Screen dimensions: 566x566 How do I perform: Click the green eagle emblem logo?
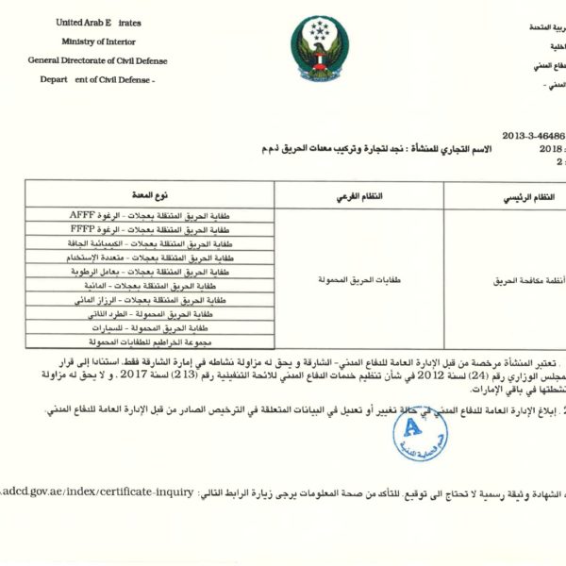pos(319,48)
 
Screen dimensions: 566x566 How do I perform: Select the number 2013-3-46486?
pos(533,135)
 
